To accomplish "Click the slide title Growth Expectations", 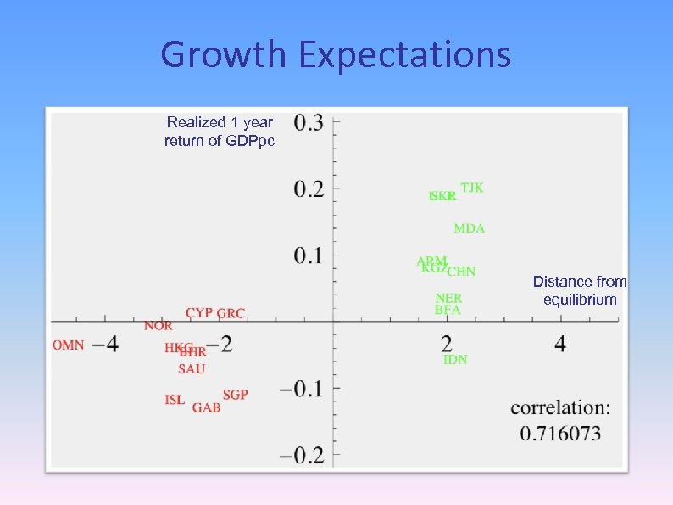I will tap(336, 55).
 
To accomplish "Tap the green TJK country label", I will tap(472, 188).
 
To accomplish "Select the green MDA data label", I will tap(469, 228).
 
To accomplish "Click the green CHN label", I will tap(461, 272).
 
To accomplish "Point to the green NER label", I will tap(448, 299).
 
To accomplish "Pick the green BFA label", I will tap(448, 311).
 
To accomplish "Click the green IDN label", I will tap(455, 360).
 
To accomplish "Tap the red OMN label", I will tap(68, 345).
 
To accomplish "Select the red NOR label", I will tap(158, 326).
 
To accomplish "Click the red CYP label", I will tap(199, 313).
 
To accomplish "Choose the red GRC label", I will tap(231, 313).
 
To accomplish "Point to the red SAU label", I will tap(192, 369).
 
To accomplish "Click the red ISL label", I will tap(175, 400).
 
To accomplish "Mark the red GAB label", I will tap(206, 408).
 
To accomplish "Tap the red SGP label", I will tap(235, 396).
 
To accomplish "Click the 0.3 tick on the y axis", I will tap(309, 122).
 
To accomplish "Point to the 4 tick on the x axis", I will tap(560, 344).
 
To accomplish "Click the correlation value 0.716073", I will tap(560, 433).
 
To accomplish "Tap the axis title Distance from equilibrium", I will tap(580, 290).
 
